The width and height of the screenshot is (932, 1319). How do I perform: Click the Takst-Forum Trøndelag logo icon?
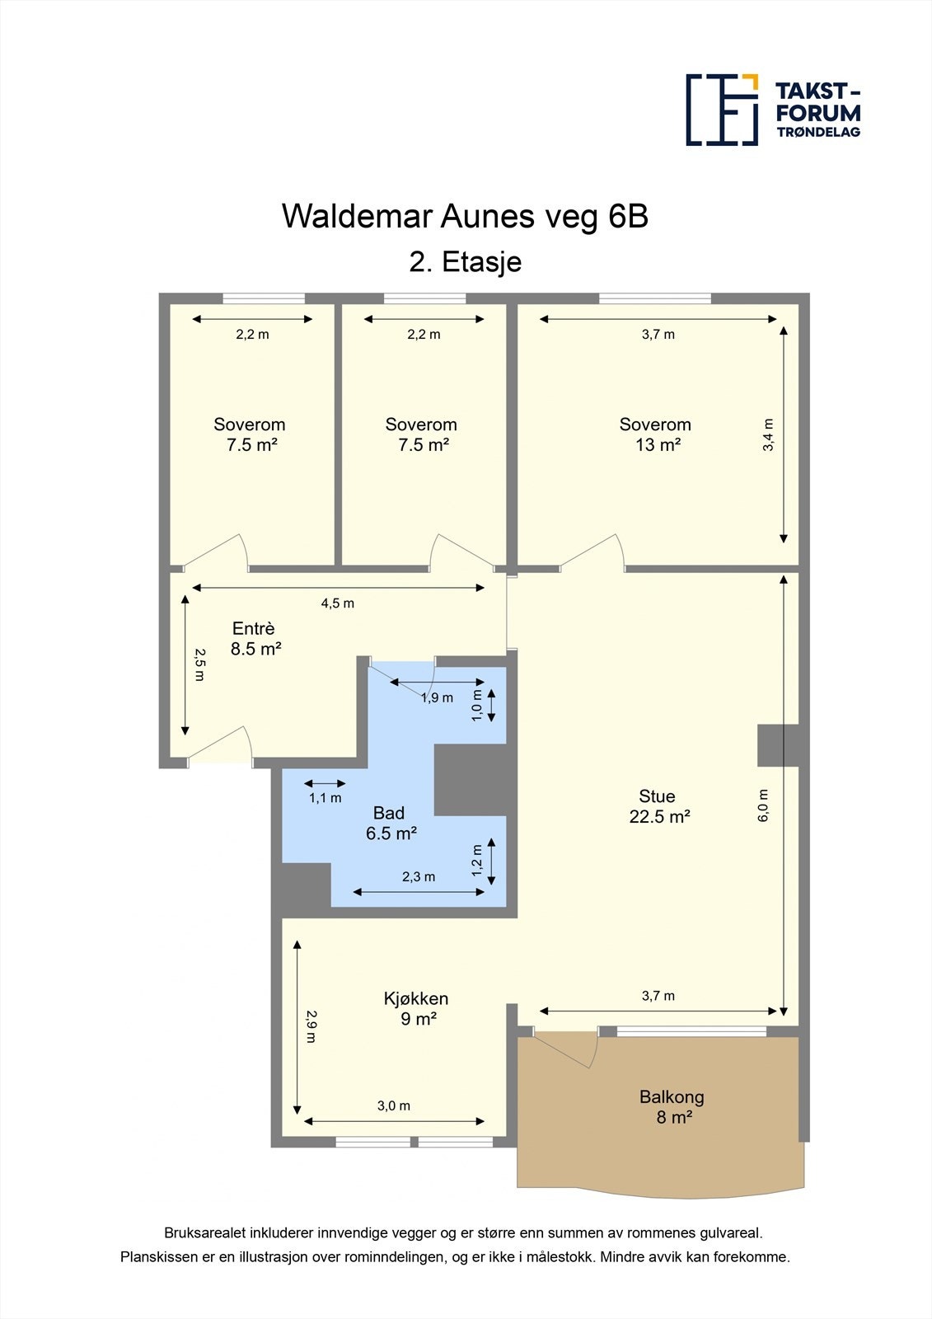[x=722, y=110]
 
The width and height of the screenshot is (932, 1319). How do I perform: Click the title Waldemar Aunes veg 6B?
[x=465, y=216]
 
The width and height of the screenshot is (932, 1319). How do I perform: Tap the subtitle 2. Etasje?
[x=465, y=262]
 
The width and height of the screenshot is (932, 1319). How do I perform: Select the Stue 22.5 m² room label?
[x=658, y=806]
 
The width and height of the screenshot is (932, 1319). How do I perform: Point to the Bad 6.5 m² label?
[x=391, y=823]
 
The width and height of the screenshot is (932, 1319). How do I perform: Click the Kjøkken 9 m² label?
[x=416, y=1008]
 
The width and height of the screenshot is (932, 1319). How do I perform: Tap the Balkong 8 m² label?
[x=672, y=1107]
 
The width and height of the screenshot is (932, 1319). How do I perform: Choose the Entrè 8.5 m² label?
[x=255, y=639]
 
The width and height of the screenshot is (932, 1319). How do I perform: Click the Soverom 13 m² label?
[x=655, y=434]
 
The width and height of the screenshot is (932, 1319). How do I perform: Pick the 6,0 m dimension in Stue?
[x=763, y=805]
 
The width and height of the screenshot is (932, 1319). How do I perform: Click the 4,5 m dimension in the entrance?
[x=338, y=603]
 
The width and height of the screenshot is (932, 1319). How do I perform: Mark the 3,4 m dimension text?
[x=768, y=435]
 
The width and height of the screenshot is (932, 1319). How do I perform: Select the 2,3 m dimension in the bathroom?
[x=419, y=877]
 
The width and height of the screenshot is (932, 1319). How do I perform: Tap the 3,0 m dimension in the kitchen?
[x=394, y=1106]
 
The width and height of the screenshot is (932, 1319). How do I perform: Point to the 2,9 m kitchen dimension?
[x=311, y=1026]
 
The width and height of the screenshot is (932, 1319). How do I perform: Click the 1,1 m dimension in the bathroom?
[x=325, y=798]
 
